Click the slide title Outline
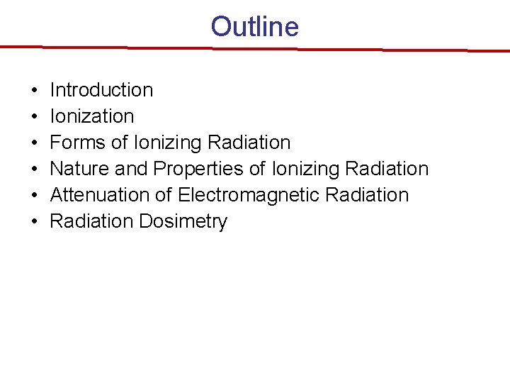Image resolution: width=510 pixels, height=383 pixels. pos(254,27)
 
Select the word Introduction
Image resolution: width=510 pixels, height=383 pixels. pos(101,90)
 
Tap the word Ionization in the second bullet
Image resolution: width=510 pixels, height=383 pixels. pos(91,116)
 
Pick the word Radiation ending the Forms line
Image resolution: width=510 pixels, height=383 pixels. pos(249,143)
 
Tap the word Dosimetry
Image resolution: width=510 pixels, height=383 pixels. pos(183,221)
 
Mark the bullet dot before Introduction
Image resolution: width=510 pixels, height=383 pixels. pos(34,91)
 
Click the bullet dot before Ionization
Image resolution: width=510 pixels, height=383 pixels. pos(34,117)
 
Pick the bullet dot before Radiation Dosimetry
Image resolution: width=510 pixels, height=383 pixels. pos(34,222)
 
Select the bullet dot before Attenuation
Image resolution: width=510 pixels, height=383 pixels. pos(34,196)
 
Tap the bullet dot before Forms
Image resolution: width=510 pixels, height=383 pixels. pos(34,143)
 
